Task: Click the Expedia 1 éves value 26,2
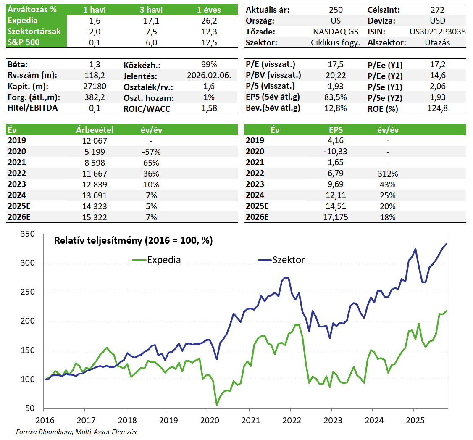pyautogui.click(x=209, y=21)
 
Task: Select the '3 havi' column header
pyautogui.click(x=151, y=10)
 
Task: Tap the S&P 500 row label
pyautogui.click(x=24, y=42)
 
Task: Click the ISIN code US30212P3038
pyautogui.click(x=437, y=32)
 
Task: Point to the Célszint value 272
pyautogui.click(x=437, y=10)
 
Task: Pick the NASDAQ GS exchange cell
pyautogui.click(x=336, y=32)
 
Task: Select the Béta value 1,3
pyautogui.click(x=95, y=65)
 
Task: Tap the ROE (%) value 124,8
pyautogui.click(x=437, y=108)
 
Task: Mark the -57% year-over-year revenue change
pyautogui.click(x=151, y=152)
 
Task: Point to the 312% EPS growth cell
pyautogui.click(x=387, y=174)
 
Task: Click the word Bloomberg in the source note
pyautogui.click(x=54, y=432)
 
